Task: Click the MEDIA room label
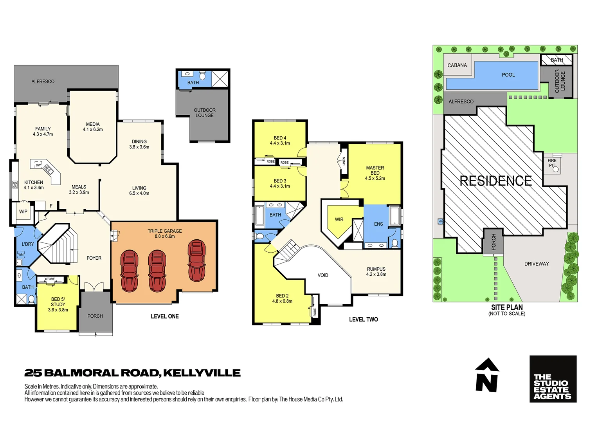[93, 124]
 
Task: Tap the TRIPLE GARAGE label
[164, 231]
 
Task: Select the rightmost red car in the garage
[196, 261]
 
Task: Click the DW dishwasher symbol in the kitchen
[38, 165]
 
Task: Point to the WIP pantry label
[23, 211]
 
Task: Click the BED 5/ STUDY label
[58, 302]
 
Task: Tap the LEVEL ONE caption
[165, 316]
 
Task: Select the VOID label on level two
[323, 275]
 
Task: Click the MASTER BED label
[375, 170]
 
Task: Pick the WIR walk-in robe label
[339, 220]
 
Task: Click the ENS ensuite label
[378, 224]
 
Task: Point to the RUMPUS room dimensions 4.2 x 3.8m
[376, 275]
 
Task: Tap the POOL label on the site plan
[508, 75]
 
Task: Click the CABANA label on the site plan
[457, 65]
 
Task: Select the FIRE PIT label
[552, 163]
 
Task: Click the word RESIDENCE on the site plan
[495, 181]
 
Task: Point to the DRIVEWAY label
[537, 264]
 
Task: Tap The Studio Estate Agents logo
[553, 379]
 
